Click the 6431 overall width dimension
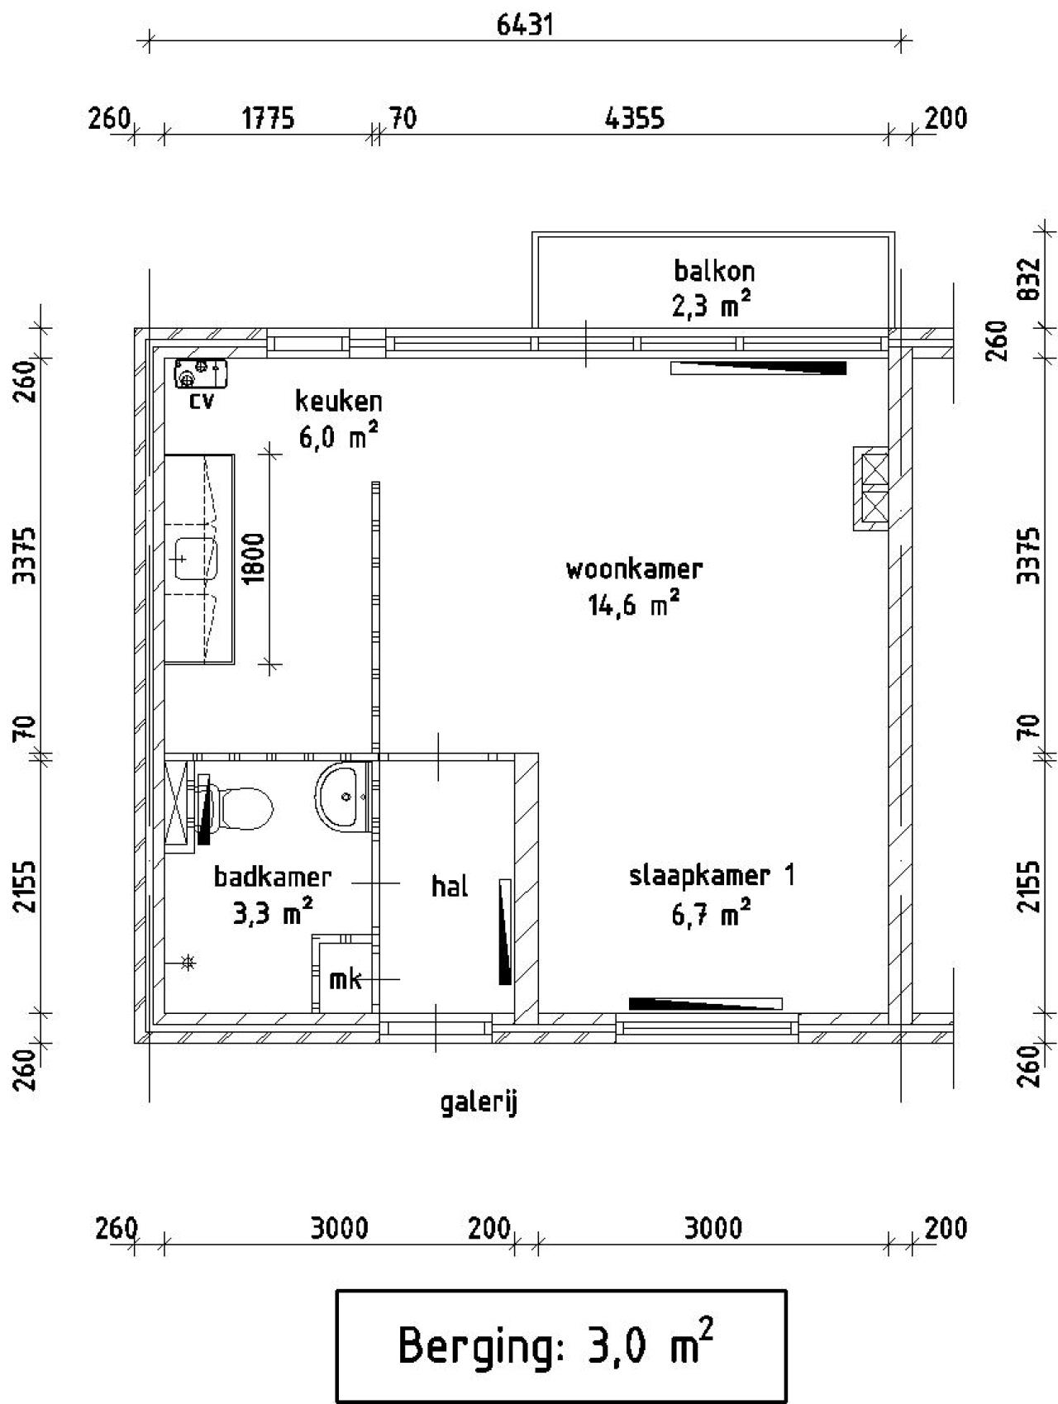524,25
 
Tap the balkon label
713,271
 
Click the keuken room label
338,402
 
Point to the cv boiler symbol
200,374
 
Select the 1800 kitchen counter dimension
255,559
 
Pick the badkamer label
273,877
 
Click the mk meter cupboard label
345,980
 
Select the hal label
450,888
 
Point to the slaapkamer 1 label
712,876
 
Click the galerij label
479,1102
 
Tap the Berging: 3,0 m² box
560,1345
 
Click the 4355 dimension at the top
634,119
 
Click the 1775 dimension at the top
268,119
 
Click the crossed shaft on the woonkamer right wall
874,488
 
